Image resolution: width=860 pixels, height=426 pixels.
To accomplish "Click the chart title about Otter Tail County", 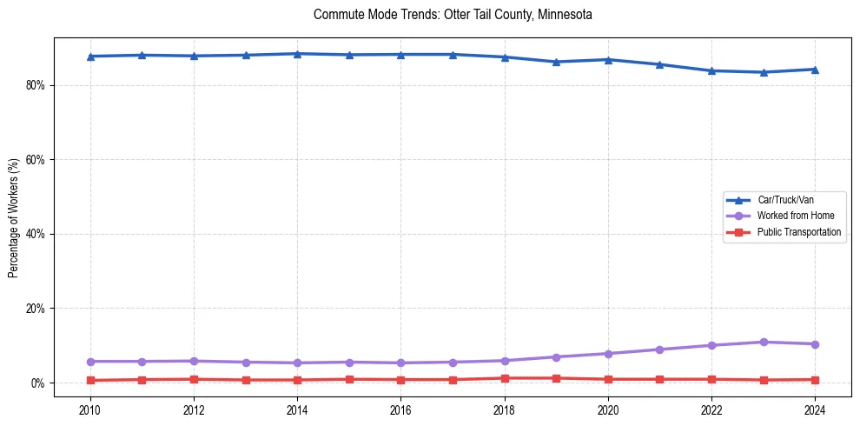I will click(x=453, y=15).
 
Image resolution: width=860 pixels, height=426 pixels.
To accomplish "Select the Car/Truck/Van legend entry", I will click(x=785, y=200).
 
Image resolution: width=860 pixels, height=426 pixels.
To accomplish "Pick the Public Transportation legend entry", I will click(x=799, y=232).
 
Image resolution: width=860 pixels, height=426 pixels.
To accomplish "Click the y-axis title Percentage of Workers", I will click(x=14, y=217).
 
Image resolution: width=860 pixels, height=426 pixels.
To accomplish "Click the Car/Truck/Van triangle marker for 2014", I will click(x=297, y=54).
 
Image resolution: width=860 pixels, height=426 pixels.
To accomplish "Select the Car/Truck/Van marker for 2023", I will click(x=764, y=72).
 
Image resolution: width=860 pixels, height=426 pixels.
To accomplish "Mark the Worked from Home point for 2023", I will click(x=764, y=342).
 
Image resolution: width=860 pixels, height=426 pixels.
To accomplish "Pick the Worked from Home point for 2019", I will click(x=556, y=357).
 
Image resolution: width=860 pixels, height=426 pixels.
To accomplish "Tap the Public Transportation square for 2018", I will click(x=505, y=378).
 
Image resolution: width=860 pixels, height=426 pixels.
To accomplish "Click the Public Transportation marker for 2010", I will click(x=90, y=381).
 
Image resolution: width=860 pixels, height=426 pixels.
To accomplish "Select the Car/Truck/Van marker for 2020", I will click(x=608, y=60).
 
